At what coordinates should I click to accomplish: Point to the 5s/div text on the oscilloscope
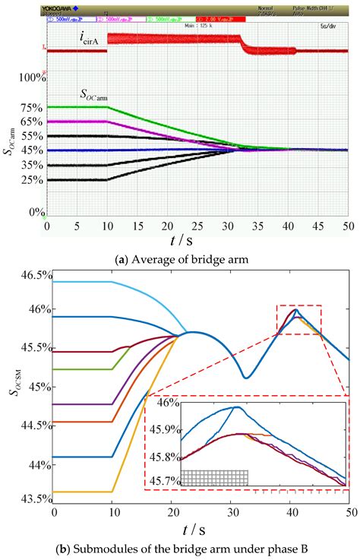(333, 26)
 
